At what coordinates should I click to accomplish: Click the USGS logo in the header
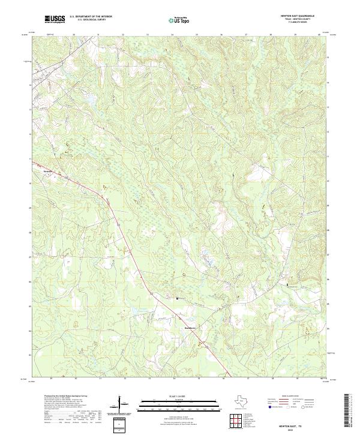[x=55, y=20]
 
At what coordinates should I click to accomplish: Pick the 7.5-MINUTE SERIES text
[x=306, y=24]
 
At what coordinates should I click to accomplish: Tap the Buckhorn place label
[x=189, y=328]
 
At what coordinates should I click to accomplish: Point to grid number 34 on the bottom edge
[x=174, y=379]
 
